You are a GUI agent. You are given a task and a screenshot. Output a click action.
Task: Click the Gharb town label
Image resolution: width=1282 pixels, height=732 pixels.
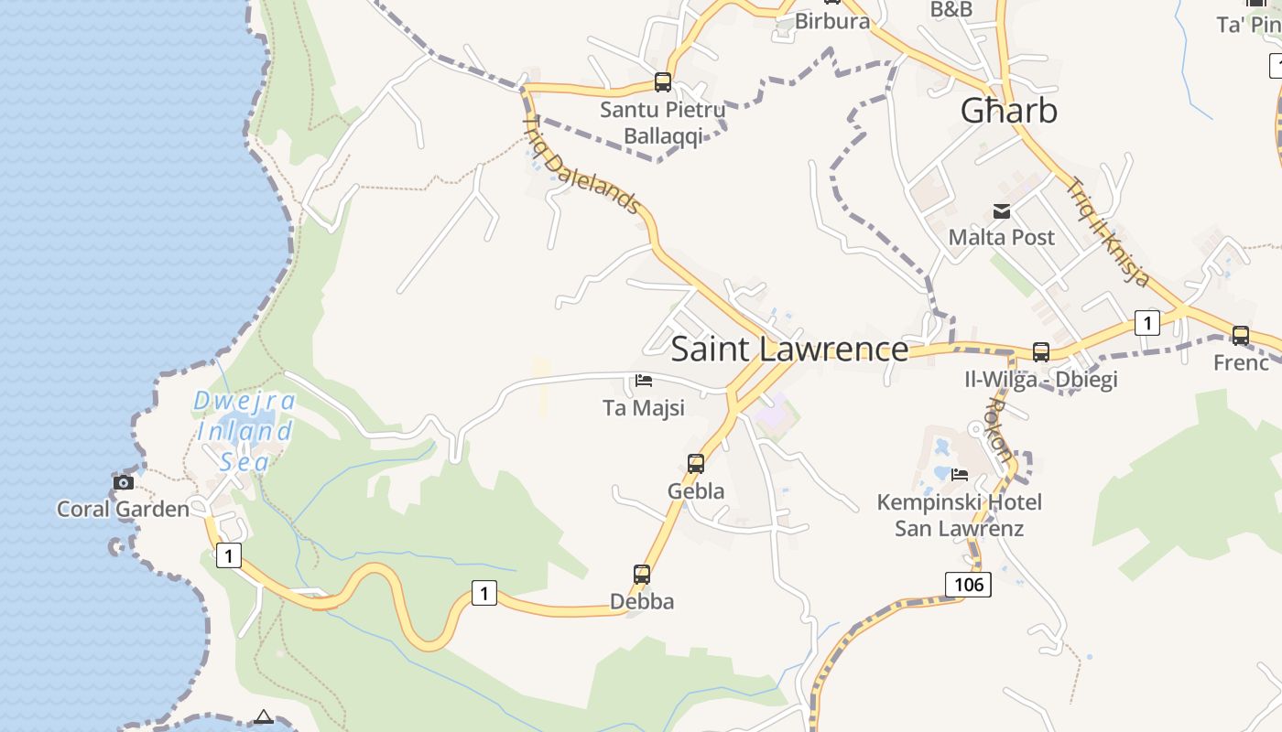tap(1008, 111)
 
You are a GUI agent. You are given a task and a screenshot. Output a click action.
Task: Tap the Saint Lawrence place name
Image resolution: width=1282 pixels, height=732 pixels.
tap(789, 350)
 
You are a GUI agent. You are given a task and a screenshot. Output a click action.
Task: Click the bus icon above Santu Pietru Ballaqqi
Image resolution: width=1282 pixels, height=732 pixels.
tap(663, 82)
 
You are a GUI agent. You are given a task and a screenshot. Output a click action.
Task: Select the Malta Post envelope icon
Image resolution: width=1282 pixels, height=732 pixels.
tap(1002, 211)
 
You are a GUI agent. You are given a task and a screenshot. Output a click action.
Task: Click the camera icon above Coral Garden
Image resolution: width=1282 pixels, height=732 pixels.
tap(123, 482)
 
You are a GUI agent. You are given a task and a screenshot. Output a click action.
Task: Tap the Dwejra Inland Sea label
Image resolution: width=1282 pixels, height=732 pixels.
tap(245, 430)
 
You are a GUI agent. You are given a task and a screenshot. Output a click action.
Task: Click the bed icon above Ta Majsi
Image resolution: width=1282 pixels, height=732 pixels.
tap(644, 381)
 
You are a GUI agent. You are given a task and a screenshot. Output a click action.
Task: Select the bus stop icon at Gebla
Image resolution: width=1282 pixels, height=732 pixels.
tap(696, 464)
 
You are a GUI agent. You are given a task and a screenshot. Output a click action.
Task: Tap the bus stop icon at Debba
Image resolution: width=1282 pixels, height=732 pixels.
tap(642, 575)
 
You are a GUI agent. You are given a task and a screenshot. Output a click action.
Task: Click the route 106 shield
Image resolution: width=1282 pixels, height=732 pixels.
tap(968, 584)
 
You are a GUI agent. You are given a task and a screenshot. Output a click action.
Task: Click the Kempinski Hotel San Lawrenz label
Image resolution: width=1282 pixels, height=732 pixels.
tap(959, 515)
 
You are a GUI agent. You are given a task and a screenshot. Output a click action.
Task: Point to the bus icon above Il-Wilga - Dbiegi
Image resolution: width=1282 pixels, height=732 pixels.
tap(1041, 351)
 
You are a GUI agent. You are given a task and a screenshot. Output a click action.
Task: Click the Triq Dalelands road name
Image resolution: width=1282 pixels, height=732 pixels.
tap(581, 165)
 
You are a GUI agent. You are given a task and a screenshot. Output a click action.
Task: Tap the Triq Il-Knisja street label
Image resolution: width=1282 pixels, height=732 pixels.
tap(1108, 231)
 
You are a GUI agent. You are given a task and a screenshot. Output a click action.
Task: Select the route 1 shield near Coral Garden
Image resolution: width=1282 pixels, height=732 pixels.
tap(228, 554)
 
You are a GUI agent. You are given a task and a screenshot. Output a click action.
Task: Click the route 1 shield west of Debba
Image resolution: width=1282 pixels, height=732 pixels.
tap(484, 593)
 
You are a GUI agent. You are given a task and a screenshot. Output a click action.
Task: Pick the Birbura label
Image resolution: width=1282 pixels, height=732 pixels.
tap(831, 21)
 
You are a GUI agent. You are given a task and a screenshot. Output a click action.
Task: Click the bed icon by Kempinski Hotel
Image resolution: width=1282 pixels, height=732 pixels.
tap(960, 474)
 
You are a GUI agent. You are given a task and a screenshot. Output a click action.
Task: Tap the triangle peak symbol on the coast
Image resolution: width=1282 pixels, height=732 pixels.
tap(264, 716)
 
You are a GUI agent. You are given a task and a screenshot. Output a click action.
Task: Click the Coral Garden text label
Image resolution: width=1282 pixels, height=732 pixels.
tap(123, 509)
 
